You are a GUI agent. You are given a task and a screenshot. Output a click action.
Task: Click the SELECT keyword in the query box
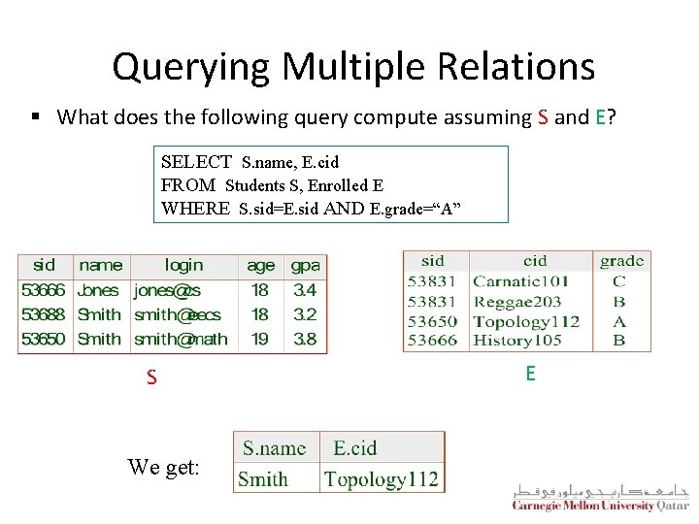point(196,162)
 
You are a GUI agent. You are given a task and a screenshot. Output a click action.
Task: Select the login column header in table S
point(183,265)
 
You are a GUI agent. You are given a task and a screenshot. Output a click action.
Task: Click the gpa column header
point(305,265)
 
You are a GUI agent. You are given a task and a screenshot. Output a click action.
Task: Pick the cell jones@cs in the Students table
point(167,290)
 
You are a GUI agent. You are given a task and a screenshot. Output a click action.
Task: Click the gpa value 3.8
point(305,339)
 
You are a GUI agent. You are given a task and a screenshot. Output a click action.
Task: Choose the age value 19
point(260,339)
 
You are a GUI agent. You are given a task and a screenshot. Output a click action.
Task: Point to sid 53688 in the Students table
point(44,314)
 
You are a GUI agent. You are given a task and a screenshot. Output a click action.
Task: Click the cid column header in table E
point(534,261)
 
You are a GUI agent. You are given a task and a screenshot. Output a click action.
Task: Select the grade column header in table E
point(621,261)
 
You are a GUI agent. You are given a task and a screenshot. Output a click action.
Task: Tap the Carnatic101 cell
point(520,281)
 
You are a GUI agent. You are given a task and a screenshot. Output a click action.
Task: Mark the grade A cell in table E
point(619,321)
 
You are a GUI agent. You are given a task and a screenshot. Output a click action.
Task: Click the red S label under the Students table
point(151,377)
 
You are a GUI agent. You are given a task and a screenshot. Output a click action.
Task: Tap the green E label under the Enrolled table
point(529,373)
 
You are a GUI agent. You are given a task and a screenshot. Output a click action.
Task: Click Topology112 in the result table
point(381,478)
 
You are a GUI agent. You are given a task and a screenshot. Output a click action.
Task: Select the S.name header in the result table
point(274,448)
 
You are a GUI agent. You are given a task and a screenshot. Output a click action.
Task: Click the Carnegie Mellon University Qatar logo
point(600,497)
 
